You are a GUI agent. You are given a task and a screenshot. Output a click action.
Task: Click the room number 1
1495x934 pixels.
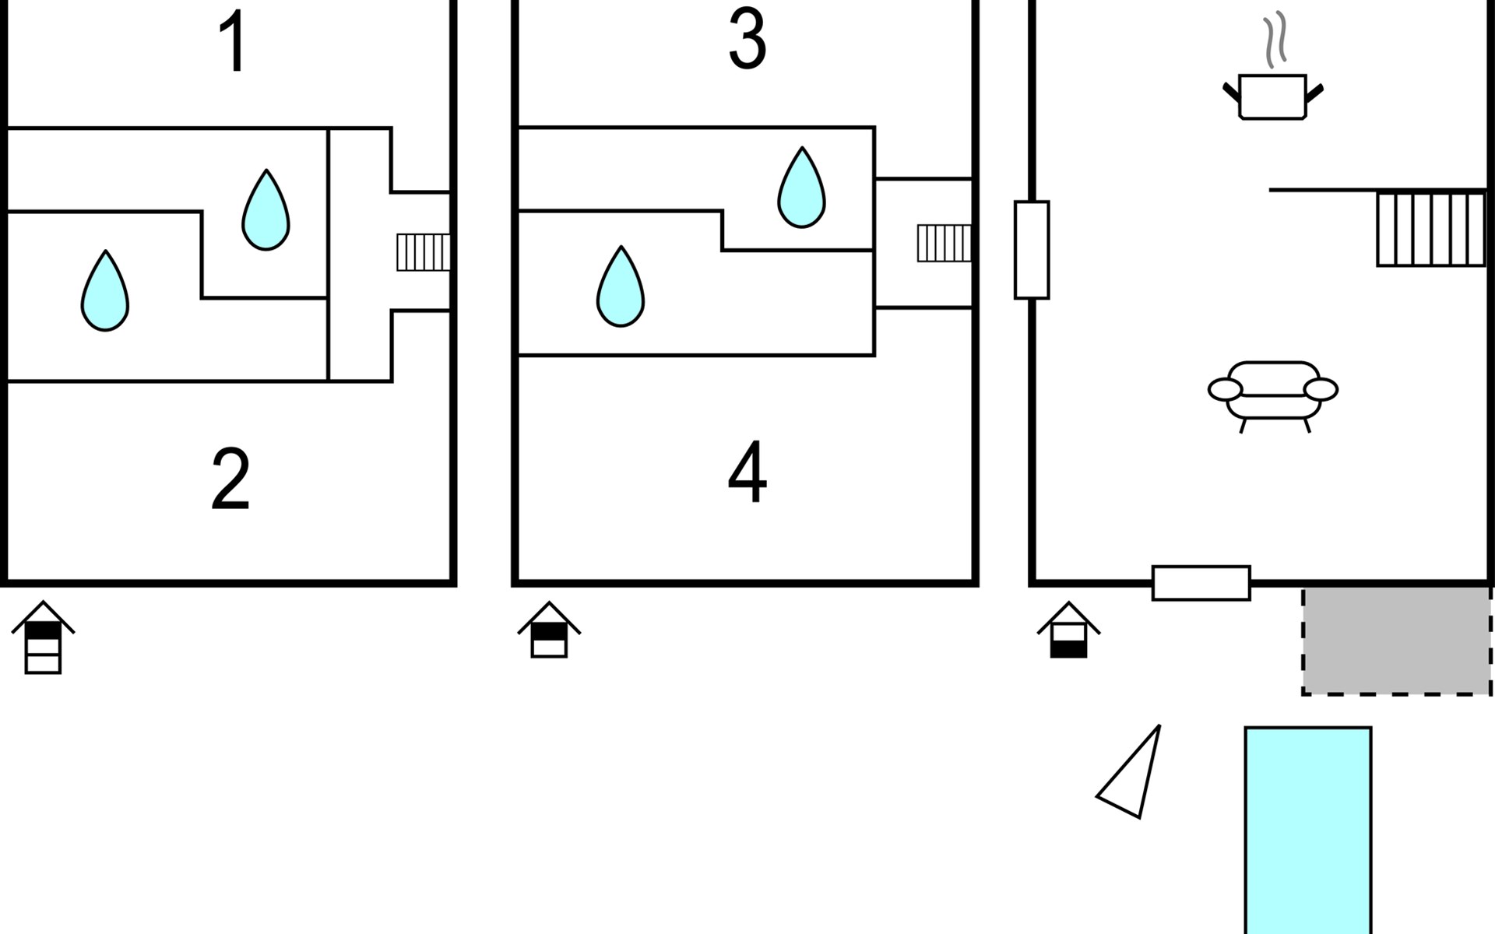point(234,42)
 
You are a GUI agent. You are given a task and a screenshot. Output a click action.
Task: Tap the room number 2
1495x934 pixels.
point(230,479)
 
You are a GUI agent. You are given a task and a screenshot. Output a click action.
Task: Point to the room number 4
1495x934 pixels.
point(747,472)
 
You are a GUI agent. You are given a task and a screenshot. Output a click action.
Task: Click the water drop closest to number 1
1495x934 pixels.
point(266,210)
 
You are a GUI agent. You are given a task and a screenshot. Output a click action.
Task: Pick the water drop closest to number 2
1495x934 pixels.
point(105,291)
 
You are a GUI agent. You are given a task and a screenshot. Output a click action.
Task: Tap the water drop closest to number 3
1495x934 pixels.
point(801,188)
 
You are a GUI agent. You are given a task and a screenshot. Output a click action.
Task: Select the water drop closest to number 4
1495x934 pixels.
point(621,286)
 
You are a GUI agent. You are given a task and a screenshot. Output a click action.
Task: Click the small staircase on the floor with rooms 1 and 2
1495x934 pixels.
point(424,252)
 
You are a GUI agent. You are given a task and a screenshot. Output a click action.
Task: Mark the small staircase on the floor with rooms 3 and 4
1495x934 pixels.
point(944,243)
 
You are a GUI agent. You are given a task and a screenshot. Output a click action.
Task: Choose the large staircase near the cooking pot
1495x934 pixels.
point(1431,230)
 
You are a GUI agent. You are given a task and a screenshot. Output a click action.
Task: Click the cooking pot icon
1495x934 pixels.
point(1272,97)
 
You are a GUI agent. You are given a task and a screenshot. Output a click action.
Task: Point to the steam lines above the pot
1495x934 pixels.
point(1274,40)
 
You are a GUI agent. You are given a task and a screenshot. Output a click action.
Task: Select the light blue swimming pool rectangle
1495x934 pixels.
point(1308,830)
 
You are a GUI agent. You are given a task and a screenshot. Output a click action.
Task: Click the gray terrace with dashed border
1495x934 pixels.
point(1397,641)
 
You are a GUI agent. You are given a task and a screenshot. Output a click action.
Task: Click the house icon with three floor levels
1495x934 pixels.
point(43,637)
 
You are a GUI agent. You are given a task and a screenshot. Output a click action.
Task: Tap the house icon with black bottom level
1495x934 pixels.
point(1068,630)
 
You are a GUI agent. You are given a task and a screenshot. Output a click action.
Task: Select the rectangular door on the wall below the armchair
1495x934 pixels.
point(1201,583)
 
